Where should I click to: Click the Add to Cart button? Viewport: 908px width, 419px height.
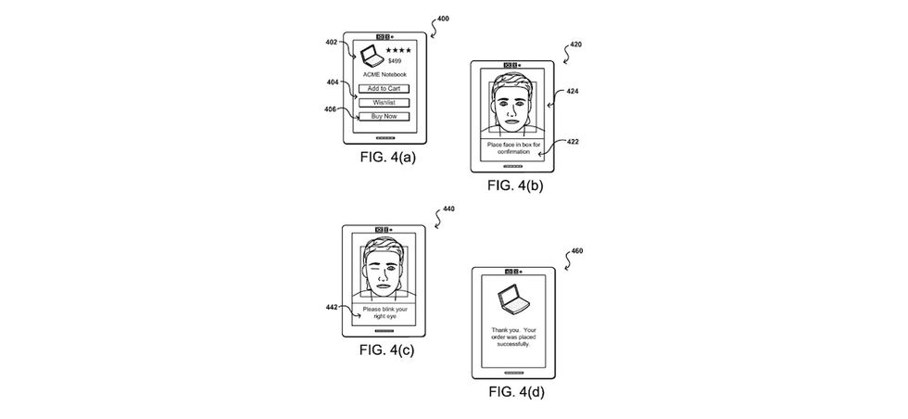[384, 88]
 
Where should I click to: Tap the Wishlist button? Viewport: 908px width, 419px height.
[384, 102]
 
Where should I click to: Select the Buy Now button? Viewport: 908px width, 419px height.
[384, 116]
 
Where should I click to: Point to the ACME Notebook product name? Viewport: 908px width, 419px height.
[384, 73]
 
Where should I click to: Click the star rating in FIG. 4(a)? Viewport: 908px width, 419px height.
[398, 49]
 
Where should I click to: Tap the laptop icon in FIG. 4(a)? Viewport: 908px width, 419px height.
[371, 54]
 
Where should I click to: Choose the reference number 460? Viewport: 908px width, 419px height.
[576, 251]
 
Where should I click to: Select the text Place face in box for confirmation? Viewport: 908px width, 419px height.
[511, 148]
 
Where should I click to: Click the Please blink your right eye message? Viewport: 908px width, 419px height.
[384, 311]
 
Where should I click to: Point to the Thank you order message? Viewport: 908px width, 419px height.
[511, 336]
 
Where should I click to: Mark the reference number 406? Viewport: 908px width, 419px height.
[331, 109]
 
